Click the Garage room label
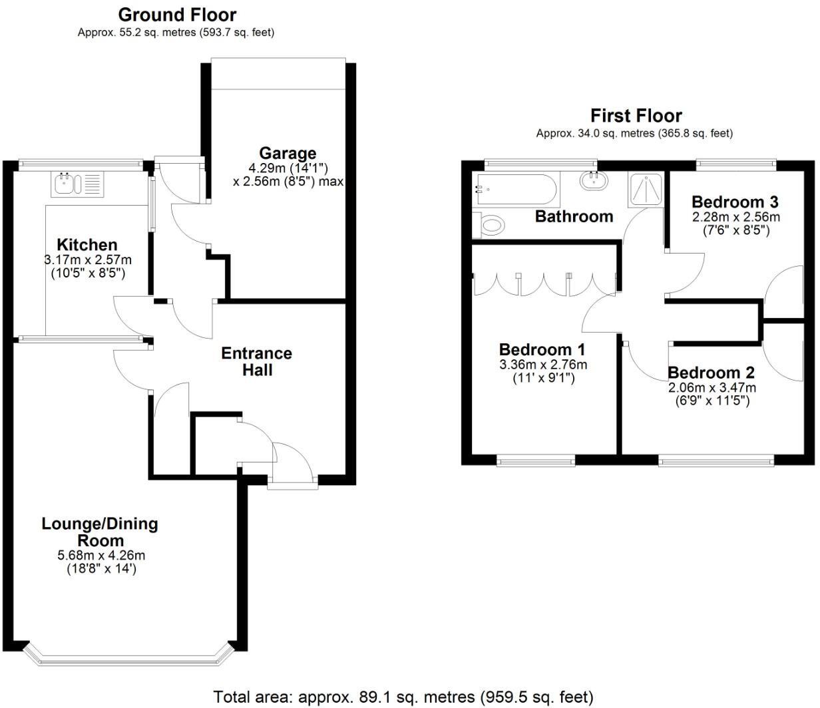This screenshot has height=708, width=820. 288,154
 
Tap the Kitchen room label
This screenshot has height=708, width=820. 87,245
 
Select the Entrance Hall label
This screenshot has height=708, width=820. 256,361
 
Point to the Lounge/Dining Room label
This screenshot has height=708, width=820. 100,532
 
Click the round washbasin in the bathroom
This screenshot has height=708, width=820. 592,180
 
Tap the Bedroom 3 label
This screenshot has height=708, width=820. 735,202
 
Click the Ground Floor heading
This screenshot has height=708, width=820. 176,15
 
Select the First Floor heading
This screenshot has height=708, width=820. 636,116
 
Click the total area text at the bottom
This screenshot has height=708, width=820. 403,697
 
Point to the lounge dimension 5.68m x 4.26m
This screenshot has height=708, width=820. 101,556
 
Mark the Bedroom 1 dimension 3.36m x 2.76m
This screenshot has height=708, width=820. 543,365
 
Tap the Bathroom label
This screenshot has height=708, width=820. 574,216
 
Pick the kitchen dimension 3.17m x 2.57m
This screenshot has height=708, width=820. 87,260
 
